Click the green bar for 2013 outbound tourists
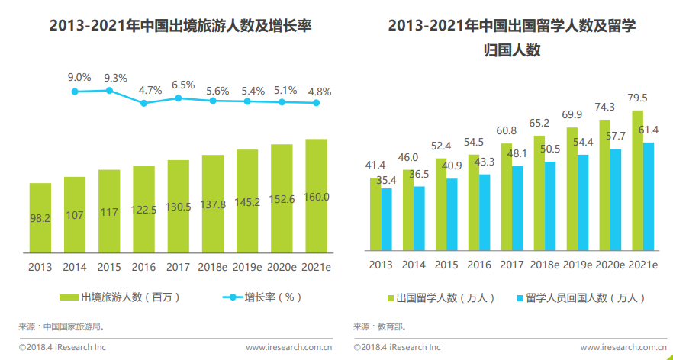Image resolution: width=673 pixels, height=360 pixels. [40, 217]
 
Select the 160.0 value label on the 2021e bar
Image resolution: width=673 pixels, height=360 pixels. [316, 197]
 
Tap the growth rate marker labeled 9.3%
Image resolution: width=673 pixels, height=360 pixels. [109, 90]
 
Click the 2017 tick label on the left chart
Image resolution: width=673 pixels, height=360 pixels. [178, 266]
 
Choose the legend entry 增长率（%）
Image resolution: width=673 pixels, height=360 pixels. [262, 297]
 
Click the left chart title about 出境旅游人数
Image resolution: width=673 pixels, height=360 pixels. [180, 27]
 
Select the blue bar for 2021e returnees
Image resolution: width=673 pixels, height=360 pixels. [649, 196]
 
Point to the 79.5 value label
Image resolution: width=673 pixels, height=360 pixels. [638, 98]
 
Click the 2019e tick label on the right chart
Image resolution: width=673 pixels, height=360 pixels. [577, 265]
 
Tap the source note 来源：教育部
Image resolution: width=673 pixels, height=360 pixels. [379, 326]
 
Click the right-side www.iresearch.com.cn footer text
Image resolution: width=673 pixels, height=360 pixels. [623, 347]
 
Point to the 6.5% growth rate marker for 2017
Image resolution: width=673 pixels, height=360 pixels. [179, 98]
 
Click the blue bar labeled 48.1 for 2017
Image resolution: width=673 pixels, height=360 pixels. [517, 207]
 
